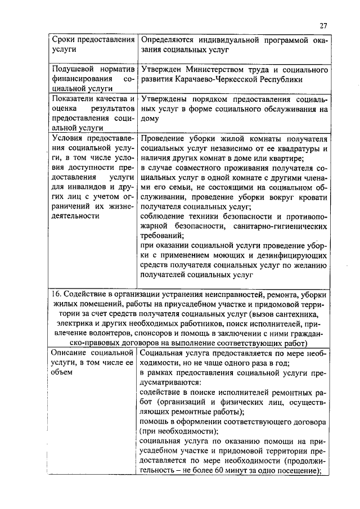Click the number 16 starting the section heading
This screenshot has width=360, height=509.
coord(55,295)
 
